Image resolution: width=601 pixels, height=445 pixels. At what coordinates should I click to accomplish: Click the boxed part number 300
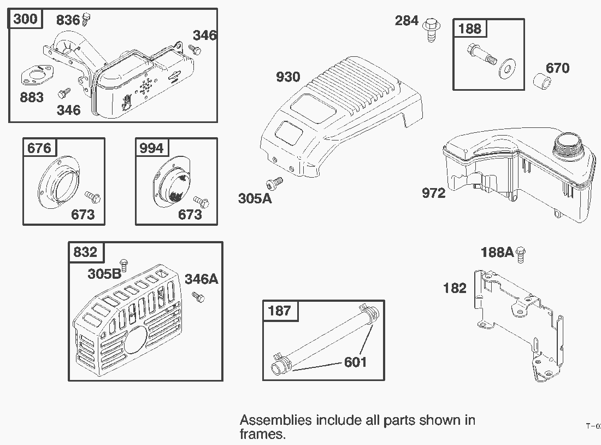coord(25,20)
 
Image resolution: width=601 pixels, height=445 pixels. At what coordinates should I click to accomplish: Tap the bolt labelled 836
coord(86,21)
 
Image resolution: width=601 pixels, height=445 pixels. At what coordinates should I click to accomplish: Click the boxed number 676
coord(39,148)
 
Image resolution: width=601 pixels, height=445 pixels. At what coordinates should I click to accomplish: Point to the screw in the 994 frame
coord(203,202)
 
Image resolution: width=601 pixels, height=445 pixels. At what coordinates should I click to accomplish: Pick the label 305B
coord(104,273)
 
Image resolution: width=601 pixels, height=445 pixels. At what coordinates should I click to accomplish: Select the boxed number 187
coord(280,311)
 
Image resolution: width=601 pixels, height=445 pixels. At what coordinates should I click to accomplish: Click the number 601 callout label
coord(355,362)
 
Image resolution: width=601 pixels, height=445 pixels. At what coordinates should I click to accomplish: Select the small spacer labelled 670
coord(542,84)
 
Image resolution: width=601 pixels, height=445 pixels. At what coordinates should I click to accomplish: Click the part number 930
coord(288,77)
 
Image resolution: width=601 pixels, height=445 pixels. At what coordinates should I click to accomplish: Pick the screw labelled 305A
coord(274,182)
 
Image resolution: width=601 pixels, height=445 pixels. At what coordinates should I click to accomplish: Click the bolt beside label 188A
coord(521,253)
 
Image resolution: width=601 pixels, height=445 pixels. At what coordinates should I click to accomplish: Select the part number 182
coord(455,288)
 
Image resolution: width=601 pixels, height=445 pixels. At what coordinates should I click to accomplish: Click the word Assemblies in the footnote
coord(276,420)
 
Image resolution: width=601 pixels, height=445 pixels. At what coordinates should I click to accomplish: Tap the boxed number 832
coord(85,252)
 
